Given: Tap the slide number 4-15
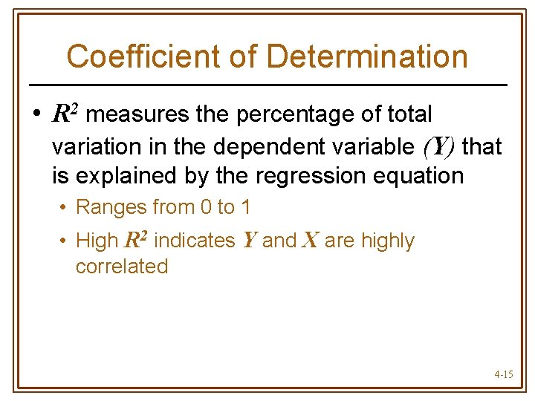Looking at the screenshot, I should point(503,375).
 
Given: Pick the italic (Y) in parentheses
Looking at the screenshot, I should point(438,147).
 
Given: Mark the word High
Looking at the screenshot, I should point(97,241).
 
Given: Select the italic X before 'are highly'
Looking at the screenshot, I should point(310,241).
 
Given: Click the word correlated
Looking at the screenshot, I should point(122,266).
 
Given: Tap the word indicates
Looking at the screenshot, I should point(192,241).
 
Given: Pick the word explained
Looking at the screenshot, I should point(119,177).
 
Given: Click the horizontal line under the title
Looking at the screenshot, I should point(267,85).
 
